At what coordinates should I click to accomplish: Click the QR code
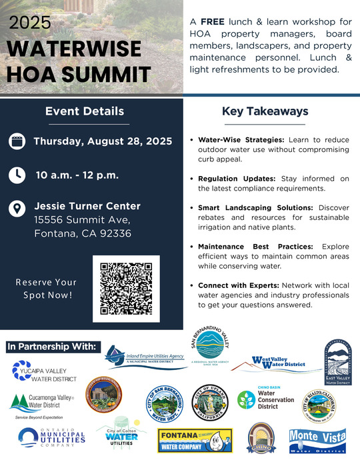point(125,289)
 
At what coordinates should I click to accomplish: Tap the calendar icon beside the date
point(17,141)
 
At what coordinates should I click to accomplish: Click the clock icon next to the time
point(17,175)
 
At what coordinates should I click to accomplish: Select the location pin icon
point(17,209)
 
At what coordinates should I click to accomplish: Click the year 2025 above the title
point(30,22)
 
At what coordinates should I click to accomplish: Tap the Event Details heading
point(85,111)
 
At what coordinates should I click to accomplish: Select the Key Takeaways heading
point(265,111)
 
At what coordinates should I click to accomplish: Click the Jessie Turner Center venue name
point(87,206)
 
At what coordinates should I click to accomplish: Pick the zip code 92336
point(115,234)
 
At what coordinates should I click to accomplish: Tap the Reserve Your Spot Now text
point(46,289)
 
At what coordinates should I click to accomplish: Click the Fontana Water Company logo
point(194,441)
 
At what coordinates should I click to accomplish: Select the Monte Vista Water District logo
point(317,441)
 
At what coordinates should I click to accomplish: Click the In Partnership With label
point(52,347)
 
